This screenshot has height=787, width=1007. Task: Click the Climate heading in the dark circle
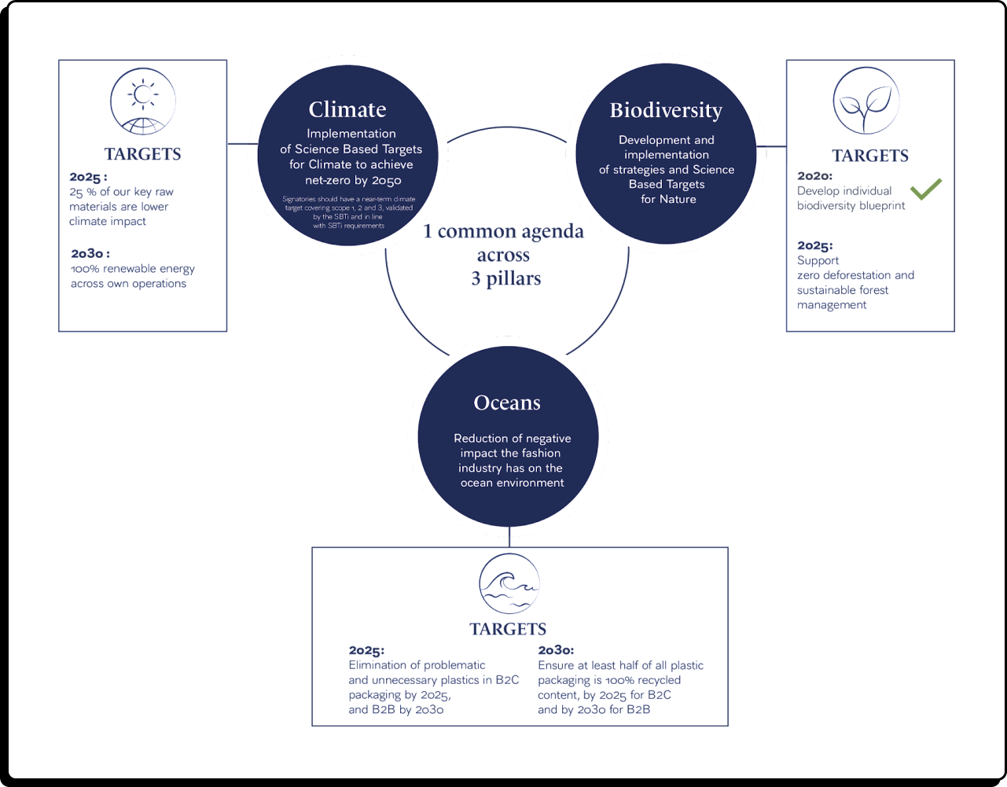(347, 110)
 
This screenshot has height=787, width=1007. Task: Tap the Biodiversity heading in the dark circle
(666, 111)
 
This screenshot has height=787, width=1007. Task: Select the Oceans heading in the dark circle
(507, 403)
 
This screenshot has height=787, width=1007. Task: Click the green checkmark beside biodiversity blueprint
(926, 189)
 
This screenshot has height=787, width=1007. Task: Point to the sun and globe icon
(143, 101)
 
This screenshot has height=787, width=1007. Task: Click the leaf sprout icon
(866, 101)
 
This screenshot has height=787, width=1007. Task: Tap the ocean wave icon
(509, 583)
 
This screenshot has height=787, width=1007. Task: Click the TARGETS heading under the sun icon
(143, 154)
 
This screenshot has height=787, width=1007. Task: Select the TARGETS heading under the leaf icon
(870, 156)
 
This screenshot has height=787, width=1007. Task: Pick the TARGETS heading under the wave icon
(508, 629)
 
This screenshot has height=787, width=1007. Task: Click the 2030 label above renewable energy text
(90, 254)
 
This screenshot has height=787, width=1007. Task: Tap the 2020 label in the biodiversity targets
(814, 176)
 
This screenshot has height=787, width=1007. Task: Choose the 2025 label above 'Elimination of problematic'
(366, 651)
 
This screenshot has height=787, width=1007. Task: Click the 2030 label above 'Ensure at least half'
(556, 650)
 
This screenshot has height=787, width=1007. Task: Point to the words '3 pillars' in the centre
(506, 278)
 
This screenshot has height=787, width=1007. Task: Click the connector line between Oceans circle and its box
(509, 537)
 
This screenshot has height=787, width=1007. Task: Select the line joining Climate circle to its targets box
(242, 144)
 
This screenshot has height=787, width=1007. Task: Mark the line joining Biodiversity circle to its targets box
(771, 146)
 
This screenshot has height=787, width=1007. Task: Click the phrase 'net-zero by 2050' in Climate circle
(353, 180)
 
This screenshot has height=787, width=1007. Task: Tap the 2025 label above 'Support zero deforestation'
(814, 245)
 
